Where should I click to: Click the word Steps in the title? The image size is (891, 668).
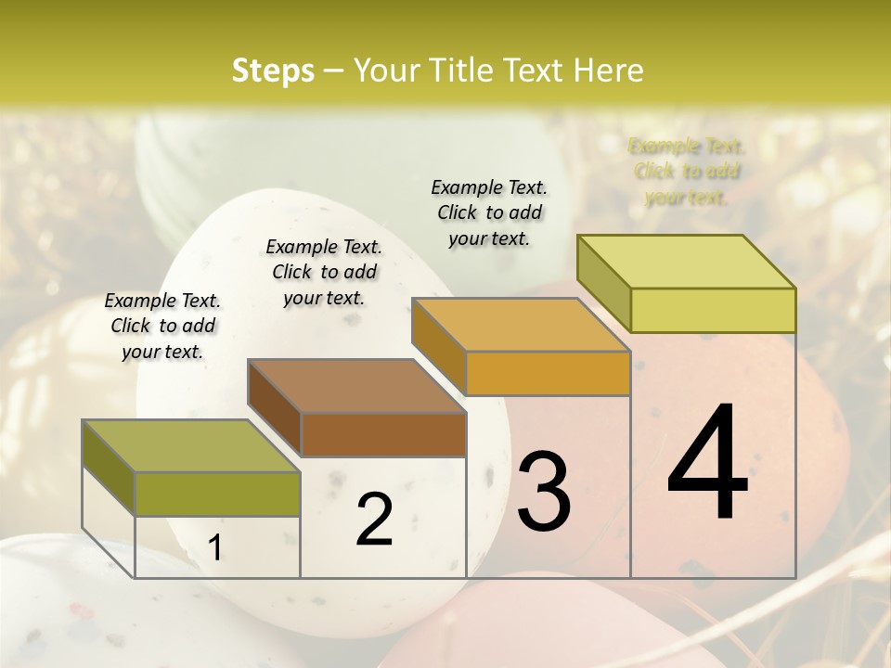(x=273, y=71)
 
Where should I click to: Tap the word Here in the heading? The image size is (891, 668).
(x=608, y=71)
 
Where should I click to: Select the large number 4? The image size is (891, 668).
(x=708, y=463)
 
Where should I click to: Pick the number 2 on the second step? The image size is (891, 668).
(x=374, y=520)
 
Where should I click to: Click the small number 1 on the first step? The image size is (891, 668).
(x=214, y=548)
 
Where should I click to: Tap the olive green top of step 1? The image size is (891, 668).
(x=191, y=446)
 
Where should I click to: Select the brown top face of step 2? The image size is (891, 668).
(x=356, y=386)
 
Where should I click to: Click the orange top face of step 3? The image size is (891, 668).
(x=521, y=325)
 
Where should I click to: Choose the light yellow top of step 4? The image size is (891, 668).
(x=687, y=262)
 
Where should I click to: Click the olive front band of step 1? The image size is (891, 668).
(x=218, y=494)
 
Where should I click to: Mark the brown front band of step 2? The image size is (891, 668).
(x=383, y=434)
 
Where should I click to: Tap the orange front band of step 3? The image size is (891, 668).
(x=548, y=373)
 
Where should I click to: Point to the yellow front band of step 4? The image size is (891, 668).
(x=713, y=310)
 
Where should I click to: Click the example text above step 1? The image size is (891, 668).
(x=162, y=326)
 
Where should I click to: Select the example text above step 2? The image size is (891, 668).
(x=324, y=272)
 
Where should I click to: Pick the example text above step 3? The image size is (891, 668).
(x=489, y=212)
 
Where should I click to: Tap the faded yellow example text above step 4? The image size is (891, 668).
(x=687, y=171)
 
